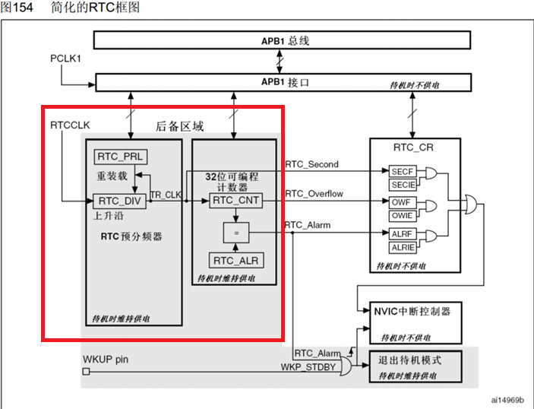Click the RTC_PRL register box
coord(120,157)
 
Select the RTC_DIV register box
coord(120,201)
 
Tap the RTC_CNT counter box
coord(235,201)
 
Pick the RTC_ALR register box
coord(235,261)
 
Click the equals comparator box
coord(235,230)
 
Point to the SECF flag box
coord(402,173)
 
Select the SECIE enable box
coord(402,185)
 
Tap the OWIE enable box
coord(402,216)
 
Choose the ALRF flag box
coord(402,235)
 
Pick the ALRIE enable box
coord(402,247)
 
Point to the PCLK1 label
coord(66,58)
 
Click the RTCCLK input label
coord(69,124)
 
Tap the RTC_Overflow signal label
coord(314,194)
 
